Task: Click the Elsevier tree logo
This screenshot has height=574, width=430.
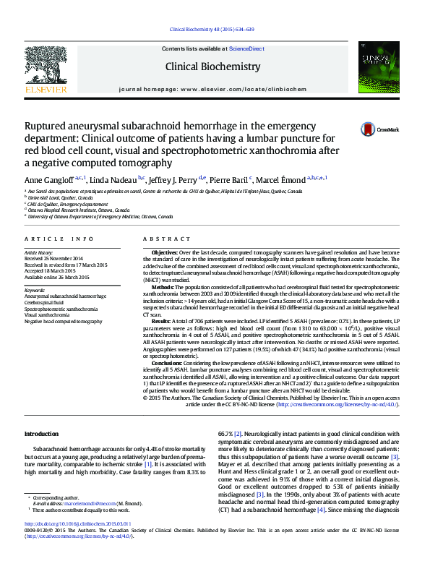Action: click(x=46, y=69)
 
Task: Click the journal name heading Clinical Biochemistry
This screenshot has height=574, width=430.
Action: click(x=212, y=67)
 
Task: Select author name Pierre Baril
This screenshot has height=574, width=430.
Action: click(x=231, y=179)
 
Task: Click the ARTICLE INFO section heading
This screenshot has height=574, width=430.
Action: click(x=59, y=238)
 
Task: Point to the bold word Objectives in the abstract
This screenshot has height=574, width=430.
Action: click(x=166, y=252)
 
